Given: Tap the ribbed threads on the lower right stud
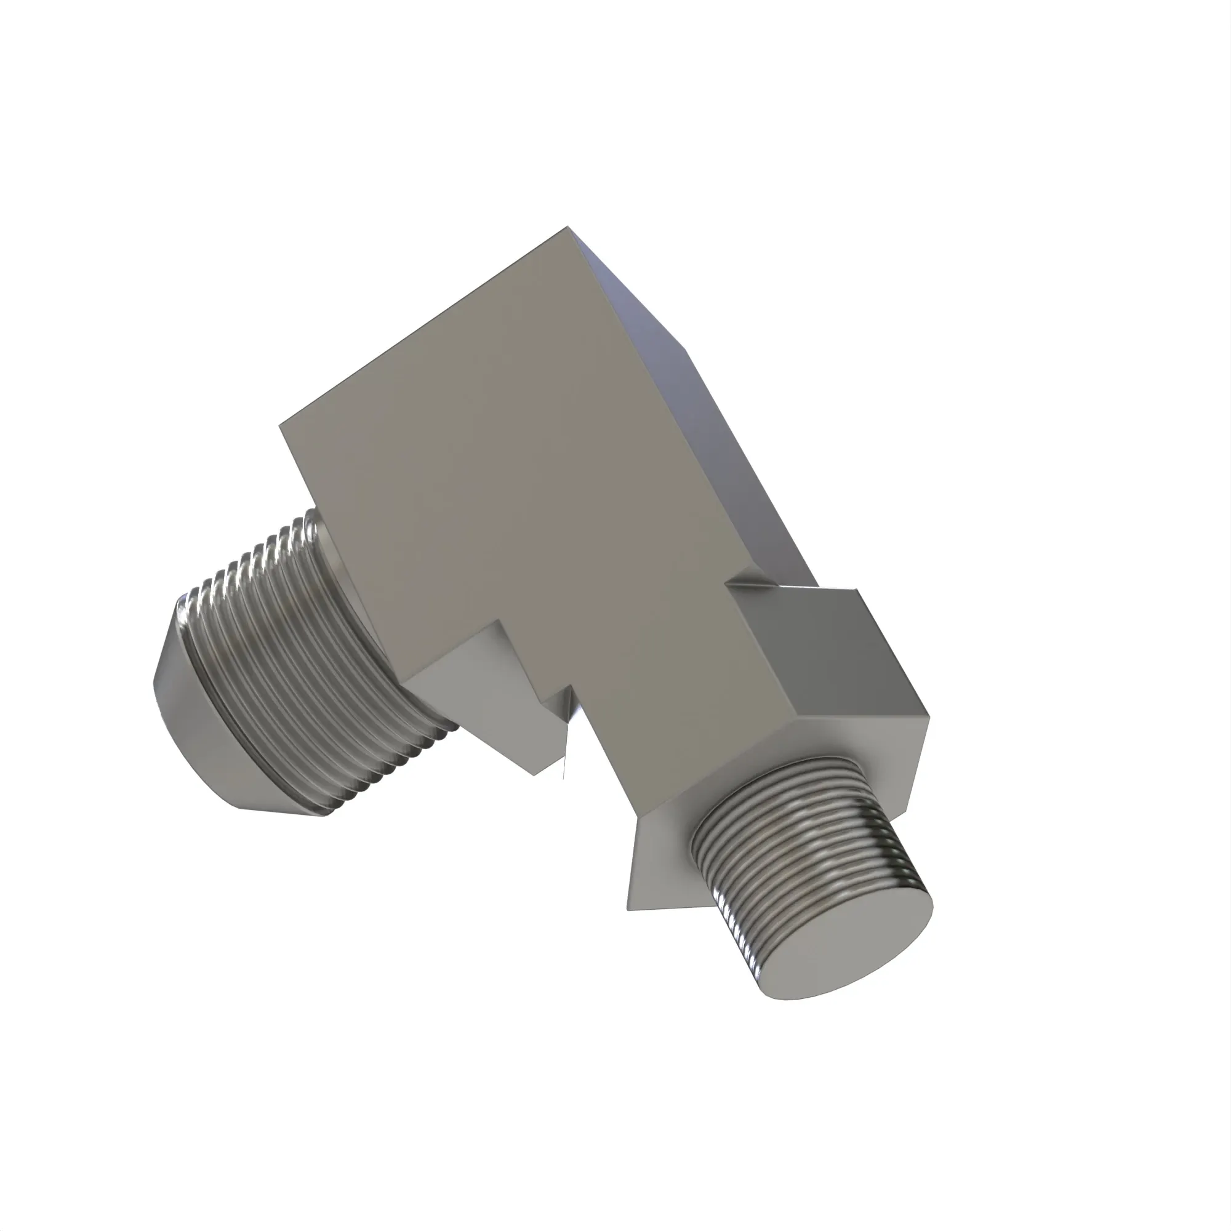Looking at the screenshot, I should coord(796,854).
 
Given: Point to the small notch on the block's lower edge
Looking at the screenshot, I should coord(555,694).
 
